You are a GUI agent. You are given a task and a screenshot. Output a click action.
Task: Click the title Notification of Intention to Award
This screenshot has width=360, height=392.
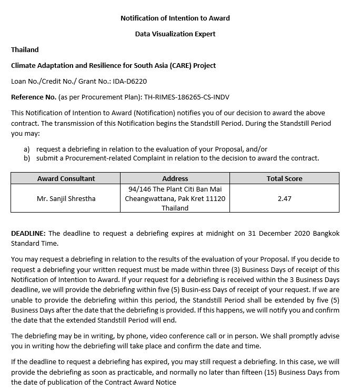click(175, 18)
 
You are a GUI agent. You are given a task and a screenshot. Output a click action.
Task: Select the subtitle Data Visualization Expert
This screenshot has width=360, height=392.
click(175, 34)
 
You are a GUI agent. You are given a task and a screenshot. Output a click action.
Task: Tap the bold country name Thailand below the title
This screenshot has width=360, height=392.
click(25, 50)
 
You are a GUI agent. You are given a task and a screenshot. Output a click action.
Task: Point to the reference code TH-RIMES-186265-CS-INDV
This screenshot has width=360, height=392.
click(186, 97)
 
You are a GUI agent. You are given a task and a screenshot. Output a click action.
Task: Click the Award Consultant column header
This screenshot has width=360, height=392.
click(66, 178)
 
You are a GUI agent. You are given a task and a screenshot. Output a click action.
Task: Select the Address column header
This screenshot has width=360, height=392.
click(175, 178)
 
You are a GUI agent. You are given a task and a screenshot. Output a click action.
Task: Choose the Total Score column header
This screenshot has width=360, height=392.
click(284, 178)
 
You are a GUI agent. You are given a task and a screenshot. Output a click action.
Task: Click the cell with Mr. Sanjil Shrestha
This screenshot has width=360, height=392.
click(66, 198)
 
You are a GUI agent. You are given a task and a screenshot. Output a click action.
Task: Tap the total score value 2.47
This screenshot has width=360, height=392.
click(284, 198)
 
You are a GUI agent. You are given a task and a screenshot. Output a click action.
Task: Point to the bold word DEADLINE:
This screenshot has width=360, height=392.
click(28, 233)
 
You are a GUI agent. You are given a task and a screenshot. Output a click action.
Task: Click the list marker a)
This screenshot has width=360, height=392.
click(26, 149)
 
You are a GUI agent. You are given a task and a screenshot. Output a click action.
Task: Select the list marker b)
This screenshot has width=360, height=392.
click(26, 158)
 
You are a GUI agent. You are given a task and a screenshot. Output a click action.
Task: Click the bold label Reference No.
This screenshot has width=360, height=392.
click(33, 97)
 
